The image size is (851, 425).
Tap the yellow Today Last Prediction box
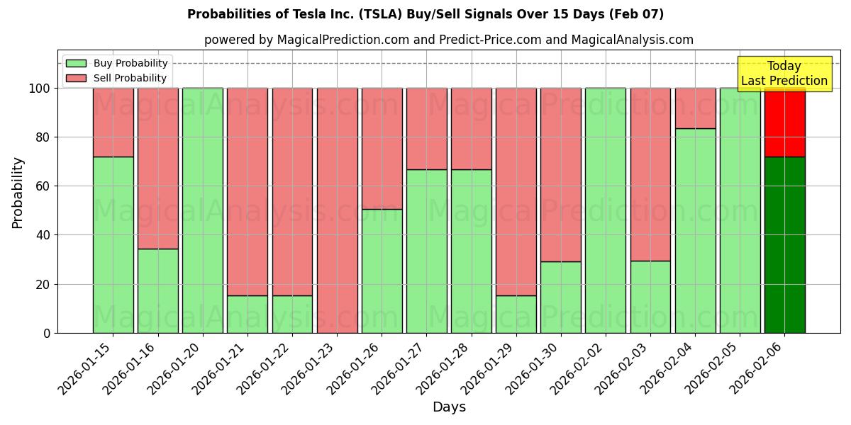tap(784, 74)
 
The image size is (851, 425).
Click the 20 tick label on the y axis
tap(44, 284)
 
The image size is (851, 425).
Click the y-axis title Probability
tap(18, 193)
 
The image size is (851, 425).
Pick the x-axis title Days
tap(449, 407)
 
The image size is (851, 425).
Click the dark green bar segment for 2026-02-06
tap(784, 244)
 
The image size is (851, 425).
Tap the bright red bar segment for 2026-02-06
tap(784, 122)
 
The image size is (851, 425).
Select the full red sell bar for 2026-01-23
tap(337, 210)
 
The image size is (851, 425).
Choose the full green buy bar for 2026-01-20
tap(203, 210)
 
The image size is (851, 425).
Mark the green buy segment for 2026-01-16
tap(157, 290)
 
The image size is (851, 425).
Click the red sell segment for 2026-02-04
tap(695, 108)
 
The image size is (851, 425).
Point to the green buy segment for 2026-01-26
tap(382, 271)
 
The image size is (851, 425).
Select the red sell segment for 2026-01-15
tap(113, 122)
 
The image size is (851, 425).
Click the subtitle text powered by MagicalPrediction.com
tap(449, 40)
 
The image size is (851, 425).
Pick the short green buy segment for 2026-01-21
tap(247, 314)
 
